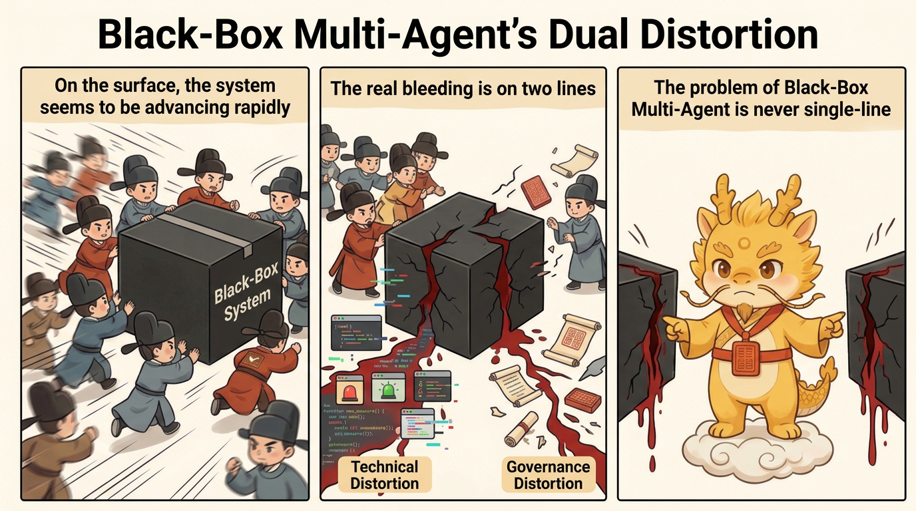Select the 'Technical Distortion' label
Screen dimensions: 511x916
click(x=384, y=474)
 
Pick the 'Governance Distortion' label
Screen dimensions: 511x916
click(x=548, y=474)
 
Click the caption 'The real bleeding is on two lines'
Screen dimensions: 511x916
click(x=463, y=88)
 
